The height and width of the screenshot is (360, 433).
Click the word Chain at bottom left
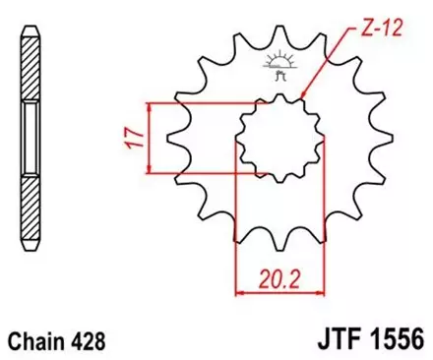36,341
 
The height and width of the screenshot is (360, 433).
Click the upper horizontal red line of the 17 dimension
197,102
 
